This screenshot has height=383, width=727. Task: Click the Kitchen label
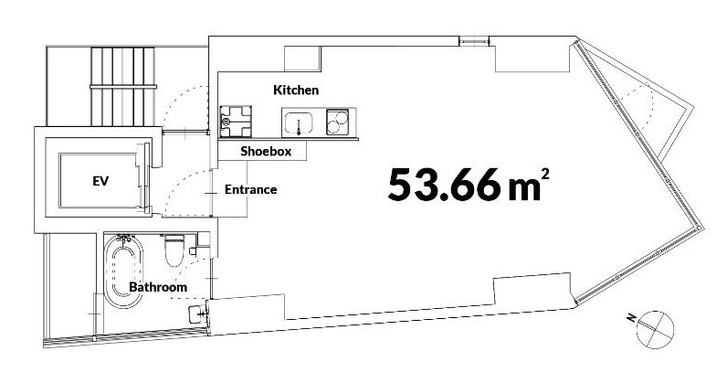(296, 90)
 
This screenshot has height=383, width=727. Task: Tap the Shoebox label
(266, 151)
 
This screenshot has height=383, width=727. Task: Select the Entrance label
(251, 189)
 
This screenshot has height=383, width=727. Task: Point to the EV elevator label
(100, 181)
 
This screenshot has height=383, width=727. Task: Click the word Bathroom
(158, 287)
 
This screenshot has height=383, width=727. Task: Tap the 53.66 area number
(444, 185)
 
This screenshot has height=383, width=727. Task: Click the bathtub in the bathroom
(123, 271)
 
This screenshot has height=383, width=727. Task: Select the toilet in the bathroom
(174, 250)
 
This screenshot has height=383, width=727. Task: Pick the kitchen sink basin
(299, 123)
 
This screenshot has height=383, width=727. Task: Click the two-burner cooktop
(338, 122)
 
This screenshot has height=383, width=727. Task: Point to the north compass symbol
(655, 329)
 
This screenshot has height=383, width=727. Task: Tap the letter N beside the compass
(630, 317)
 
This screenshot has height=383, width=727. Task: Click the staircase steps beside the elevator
(123, 86)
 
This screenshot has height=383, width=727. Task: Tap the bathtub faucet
(125, 239)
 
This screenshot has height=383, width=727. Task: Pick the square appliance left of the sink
(236, 122)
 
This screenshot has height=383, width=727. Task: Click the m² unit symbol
(529, 184)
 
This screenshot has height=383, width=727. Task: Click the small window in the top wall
(474, 42)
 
